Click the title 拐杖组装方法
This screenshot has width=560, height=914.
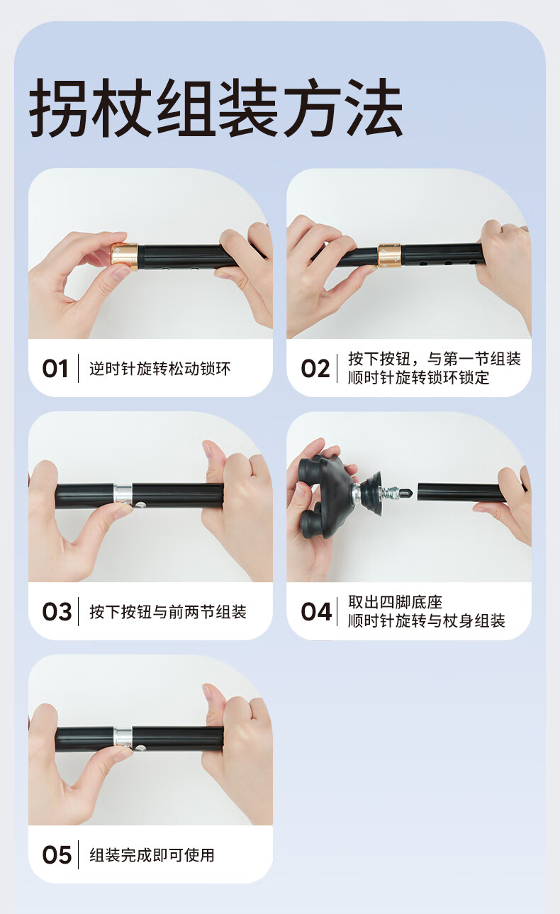[216, 108]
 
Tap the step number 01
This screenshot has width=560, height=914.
[55, 369]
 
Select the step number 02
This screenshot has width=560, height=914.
[315, 369]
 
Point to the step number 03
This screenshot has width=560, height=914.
[57, 612]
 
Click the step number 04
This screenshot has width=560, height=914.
[316, 612]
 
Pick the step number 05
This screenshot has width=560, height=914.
[57, 855]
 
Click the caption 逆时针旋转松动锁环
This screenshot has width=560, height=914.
[160, 369]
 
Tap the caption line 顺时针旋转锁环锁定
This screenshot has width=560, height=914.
[418, 378]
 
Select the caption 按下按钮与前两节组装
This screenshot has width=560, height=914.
[167, 612]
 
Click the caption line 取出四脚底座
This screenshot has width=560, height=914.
[395, 602]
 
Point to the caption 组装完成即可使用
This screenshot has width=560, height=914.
[152, 855]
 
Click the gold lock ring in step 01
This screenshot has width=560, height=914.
[124, 256]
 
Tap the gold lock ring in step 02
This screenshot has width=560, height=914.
[389, 255]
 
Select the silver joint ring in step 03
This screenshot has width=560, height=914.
[123, 494]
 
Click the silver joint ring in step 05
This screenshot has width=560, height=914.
[123, 737]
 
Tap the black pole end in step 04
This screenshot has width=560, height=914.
[459, 494]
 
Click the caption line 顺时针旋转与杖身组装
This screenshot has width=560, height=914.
[426, 621]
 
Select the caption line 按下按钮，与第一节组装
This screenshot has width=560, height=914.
[435, 359]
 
